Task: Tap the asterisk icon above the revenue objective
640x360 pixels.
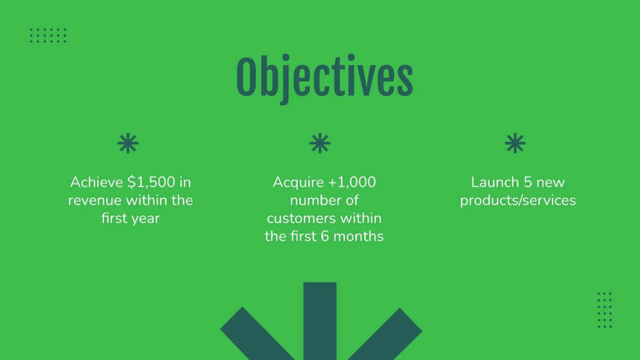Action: click(128, 144)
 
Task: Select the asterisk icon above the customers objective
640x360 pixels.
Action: click(320, 144)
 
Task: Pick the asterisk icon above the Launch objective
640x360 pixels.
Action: click(515, 144)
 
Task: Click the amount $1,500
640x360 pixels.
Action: click(151, 182)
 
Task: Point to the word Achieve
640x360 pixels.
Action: click(97, 182)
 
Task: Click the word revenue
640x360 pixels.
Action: click(94, 201)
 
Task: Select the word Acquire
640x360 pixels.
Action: click(298, 182)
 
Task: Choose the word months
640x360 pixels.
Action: click(360, 236)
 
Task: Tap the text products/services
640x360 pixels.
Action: click(518, 201)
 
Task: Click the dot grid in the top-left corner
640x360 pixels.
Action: click(48, 35)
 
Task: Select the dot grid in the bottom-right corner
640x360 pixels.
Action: click(604, 310)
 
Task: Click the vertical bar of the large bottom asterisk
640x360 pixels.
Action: click(320, 320)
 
